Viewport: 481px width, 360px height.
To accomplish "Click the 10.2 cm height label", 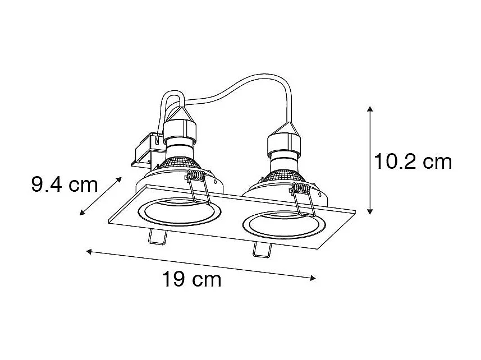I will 413,161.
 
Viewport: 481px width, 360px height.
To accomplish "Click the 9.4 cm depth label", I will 65,184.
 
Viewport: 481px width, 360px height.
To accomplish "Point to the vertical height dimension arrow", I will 369,160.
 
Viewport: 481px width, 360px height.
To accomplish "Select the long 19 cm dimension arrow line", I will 201,264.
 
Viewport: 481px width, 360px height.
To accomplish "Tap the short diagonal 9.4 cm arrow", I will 101,196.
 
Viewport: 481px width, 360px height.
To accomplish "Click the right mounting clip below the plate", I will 260,251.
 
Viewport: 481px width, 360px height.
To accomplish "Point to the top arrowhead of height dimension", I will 369,108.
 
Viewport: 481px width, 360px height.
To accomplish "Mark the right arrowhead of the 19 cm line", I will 313,278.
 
